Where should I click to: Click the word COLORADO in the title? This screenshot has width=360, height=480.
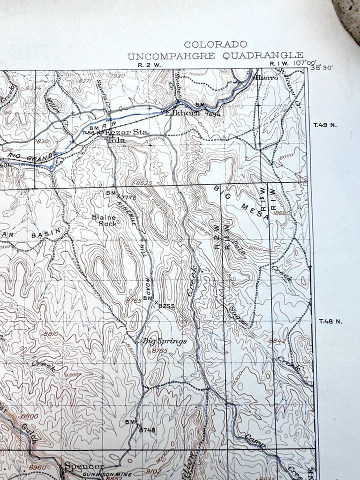pyautogui.click(x=215, y=45)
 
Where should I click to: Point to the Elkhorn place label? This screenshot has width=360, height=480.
pyautogui.click(x=183, y=113)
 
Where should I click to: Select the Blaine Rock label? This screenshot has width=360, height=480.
pyautogui.click(x=104, y=220)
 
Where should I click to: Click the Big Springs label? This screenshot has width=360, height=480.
pyautogui.click(x=164, y=341)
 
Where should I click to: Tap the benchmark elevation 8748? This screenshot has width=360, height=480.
pyautogui.click(x=147, y=429)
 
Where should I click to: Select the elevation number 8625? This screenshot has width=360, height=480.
pyautogui.click(x=143, y=184)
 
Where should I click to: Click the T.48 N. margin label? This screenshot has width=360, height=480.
pyautogui.click(x=329, y=321)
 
